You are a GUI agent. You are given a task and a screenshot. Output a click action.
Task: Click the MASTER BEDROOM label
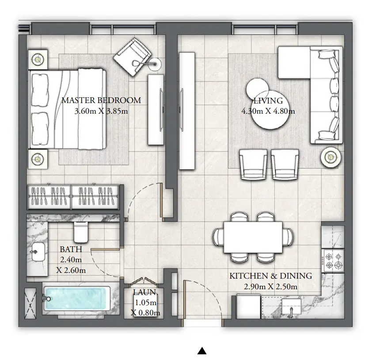pos(101,100)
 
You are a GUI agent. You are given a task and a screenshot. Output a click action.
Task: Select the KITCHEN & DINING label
pos(270,276)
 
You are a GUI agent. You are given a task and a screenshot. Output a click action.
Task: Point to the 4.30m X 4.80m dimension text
pos(268,111)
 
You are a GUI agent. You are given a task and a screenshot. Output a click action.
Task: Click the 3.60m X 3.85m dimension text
pos(101,111)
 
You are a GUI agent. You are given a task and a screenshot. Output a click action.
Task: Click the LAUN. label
pos(145,292)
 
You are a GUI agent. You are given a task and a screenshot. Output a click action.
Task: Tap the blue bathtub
pos(77,298)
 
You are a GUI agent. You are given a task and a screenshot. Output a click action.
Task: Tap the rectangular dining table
pos(253,237)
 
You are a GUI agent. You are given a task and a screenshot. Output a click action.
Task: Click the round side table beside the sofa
pos(330,156)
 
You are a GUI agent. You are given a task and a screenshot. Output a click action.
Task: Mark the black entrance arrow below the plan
pos(202,351)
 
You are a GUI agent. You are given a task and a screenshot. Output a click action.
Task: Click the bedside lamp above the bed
pos(39,59)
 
